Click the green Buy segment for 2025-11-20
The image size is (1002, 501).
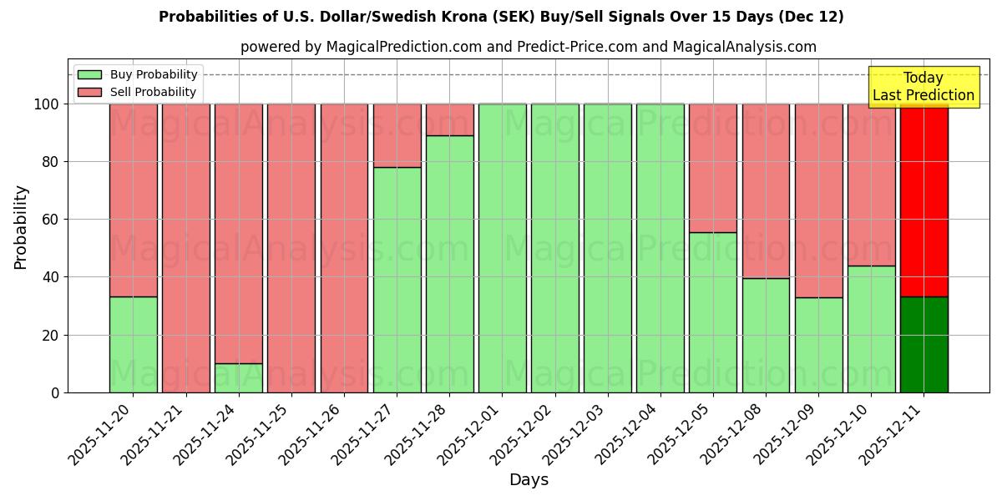coord(133,344)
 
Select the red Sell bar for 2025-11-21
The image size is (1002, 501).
coord(185,248)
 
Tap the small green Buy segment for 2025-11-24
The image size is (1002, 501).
coord(239,377)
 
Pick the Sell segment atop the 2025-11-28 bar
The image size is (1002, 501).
coord(450,119)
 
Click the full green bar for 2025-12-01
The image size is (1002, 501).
coord(503,248)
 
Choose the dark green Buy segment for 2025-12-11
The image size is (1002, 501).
coord(924,344)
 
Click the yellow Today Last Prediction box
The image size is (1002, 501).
coord(924,87)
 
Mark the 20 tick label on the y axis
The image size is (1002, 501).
coord(50,335)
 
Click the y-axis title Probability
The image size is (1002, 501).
coord(21,227)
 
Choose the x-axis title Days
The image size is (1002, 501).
coord(529,480)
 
